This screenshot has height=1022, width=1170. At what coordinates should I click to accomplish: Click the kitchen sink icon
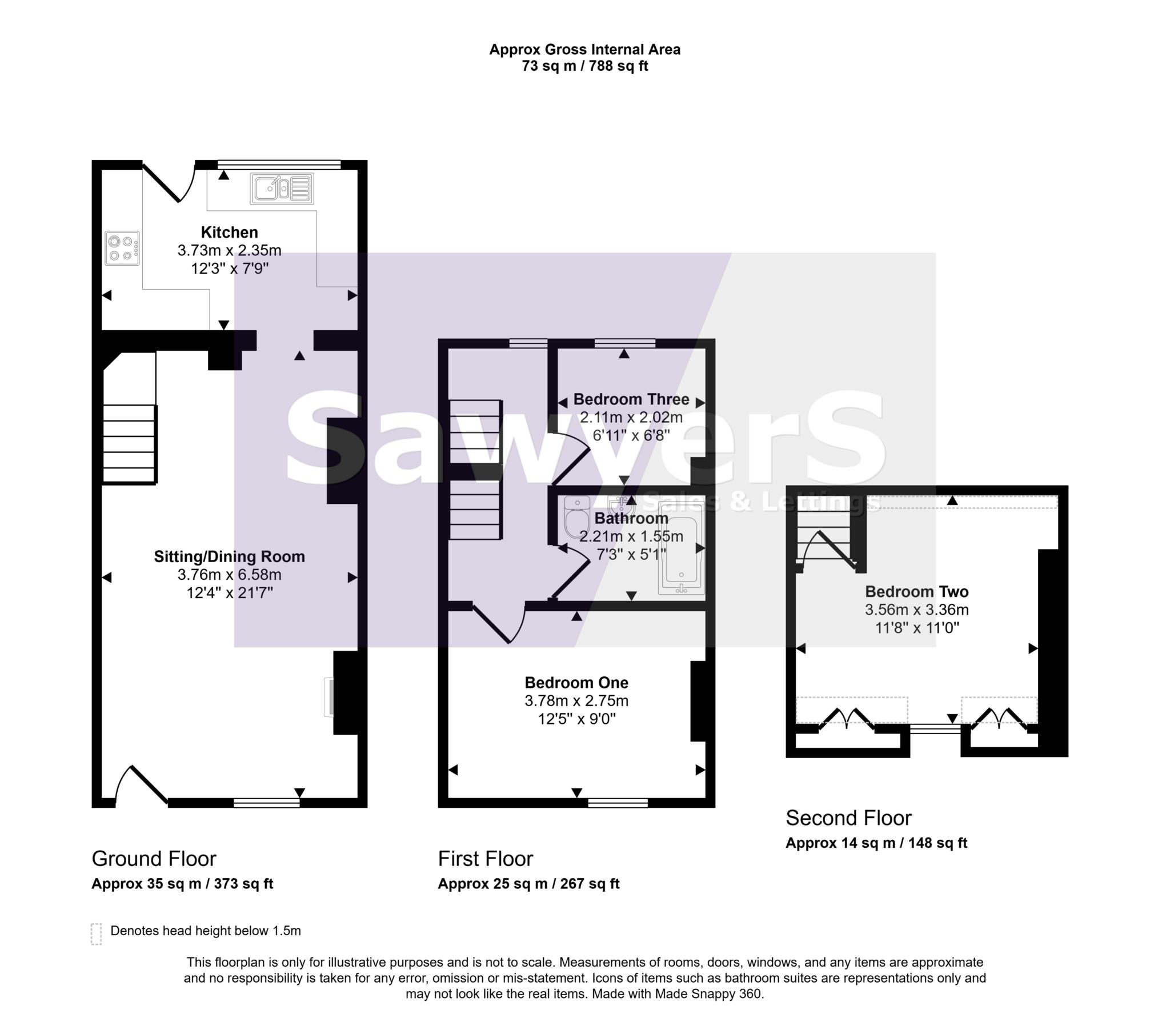pyautogui.click(x=282, y=189)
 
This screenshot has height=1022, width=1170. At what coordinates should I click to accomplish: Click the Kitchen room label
pyautogui.click(x=229, y=233)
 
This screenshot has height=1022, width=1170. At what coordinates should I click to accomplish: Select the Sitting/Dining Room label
pyautogui.click(x=229, y=556)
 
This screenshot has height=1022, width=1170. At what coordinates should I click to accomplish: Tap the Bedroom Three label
pyautogui.click(x=631, y=399)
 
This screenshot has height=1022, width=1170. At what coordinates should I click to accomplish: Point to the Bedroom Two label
pyautogui.click(x=916, y=591)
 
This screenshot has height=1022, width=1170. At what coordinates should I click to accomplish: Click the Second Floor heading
pyautogui.click(x=848, y=818)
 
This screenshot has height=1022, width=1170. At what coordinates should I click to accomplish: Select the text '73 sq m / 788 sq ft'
pyautogui.click(x=584, y=66)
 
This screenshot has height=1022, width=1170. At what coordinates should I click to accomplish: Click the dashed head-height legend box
pyautogui.click(x=97, y=934)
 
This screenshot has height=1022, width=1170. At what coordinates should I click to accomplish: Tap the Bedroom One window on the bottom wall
pyautogui.click(x=618, y=803)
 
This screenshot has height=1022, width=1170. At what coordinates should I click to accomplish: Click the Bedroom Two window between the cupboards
pyautogui.click(x=935, y=729)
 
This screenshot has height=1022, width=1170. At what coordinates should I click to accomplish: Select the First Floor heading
pyautogui.click(x=485, y=859)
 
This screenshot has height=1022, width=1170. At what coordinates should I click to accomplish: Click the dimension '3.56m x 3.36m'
pyautogui.click(x=916, y=610)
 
